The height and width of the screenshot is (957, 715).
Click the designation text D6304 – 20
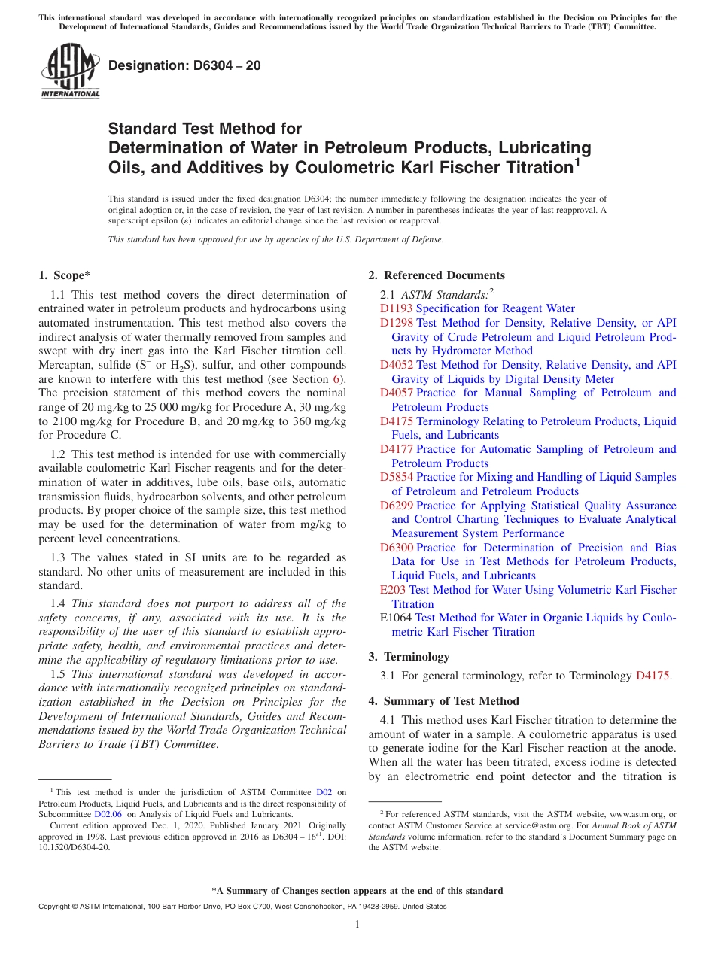click(x=184, y=65)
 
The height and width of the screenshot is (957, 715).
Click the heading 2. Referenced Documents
click(x=437, y=275)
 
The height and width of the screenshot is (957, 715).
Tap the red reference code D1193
click(x=396, y=308)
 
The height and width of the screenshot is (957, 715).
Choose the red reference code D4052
click(x=396, y=365)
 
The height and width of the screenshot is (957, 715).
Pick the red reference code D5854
click(x=396, y=477)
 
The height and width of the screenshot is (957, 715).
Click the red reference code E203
click(x=392, y=590)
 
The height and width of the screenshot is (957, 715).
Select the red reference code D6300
click(x=396, y=548)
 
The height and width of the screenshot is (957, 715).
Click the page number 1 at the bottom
click(x=357, y=925)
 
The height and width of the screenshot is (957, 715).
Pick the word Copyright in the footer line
click(x=55, y=907)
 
